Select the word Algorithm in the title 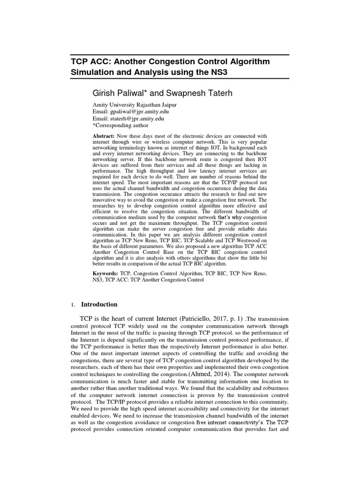pos(246,62)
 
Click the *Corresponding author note pos(120,126)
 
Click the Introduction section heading pos(99,305)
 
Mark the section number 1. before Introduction pos(73,305)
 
